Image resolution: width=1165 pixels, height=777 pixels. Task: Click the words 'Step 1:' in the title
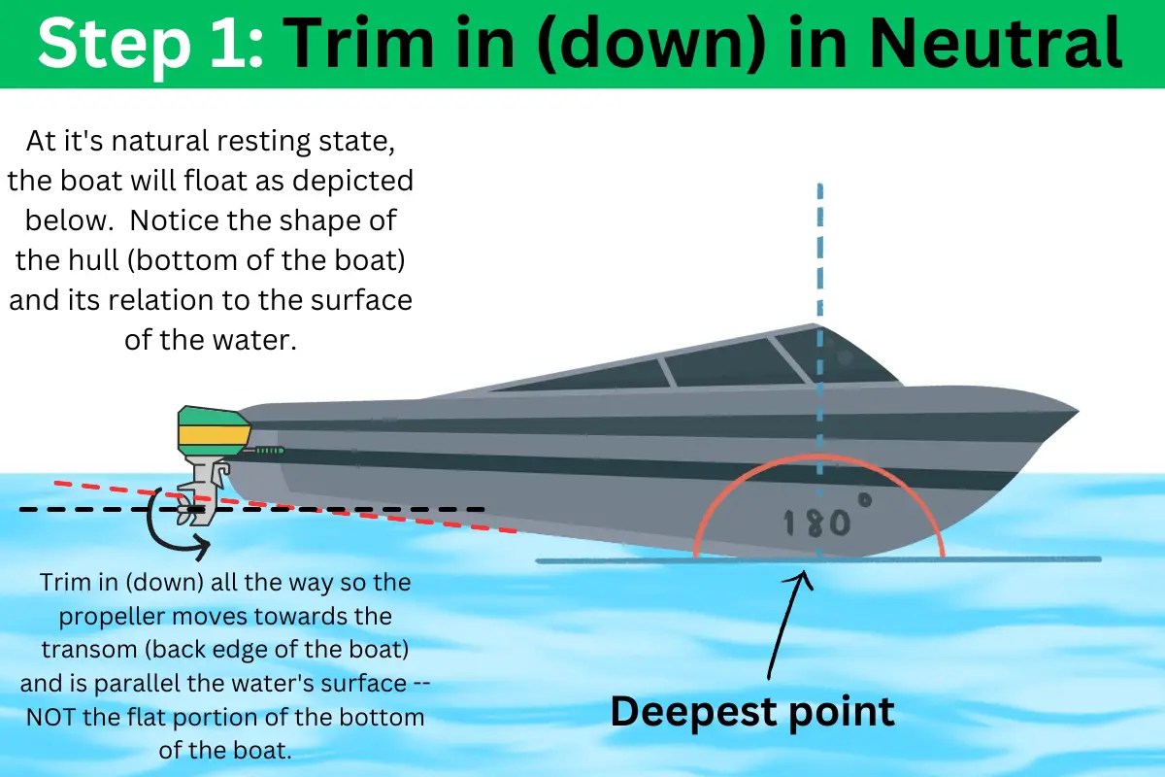(150, 43)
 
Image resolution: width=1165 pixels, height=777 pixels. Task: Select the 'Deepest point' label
(751, 712)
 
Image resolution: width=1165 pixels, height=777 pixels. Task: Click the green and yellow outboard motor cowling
(213, 431)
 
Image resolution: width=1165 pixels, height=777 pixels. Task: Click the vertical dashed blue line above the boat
(821, 253)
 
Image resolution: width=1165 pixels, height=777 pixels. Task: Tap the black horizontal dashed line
(388, 509)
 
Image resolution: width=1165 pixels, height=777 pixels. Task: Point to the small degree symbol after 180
(863, 500)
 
